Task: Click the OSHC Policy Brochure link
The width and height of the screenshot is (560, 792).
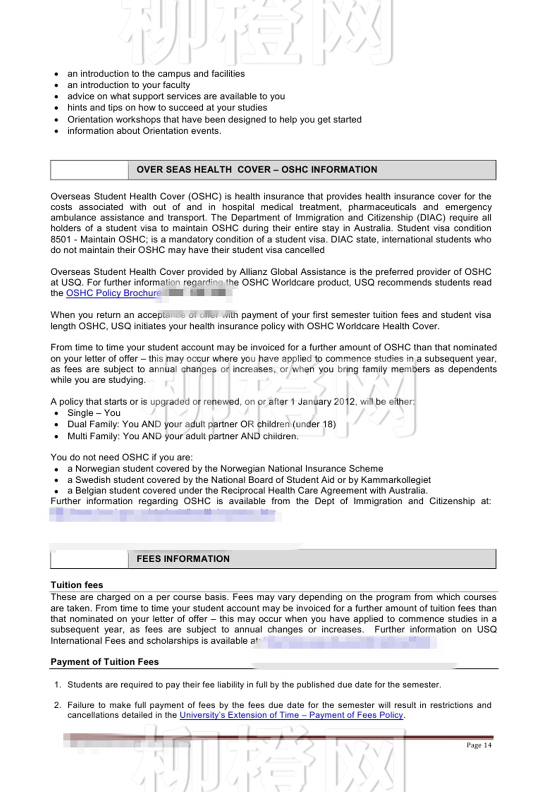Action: [114, 293]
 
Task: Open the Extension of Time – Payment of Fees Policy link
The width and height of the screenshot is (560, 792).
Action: [291, 715]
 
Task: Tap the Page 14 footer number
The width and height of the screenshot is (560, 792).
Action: [479, 745]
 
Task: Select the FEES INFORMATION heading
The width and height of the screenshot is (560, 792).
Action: [183, 559]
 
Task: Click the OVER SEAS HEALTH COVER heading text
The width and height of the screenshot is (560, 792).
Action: [256, 170]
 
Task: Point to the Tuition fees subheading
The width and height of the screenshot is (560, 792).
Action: [76, 585]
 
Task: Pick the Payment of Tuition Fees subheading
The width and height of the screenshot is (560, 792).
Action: [104, 662]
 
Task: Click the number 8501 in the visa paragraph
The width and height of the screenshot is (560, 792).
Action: [60, 240]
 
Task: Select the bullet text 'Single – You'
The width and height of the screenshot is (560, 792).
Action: [94, 413]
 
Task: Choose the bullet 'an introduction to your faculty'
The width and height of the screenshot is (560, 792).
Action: [128, 85]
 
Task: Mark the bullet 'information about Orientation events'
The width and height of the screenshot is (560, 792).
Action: [144, 131]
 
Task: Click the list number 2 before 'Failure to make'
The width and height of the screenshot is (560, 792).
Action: [58, 705]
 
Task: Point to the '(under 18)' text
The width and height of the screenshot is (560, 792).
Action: [314, 424]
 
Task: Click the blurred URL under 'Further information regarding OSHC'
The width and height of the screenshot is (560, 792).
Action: [164, 514]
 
